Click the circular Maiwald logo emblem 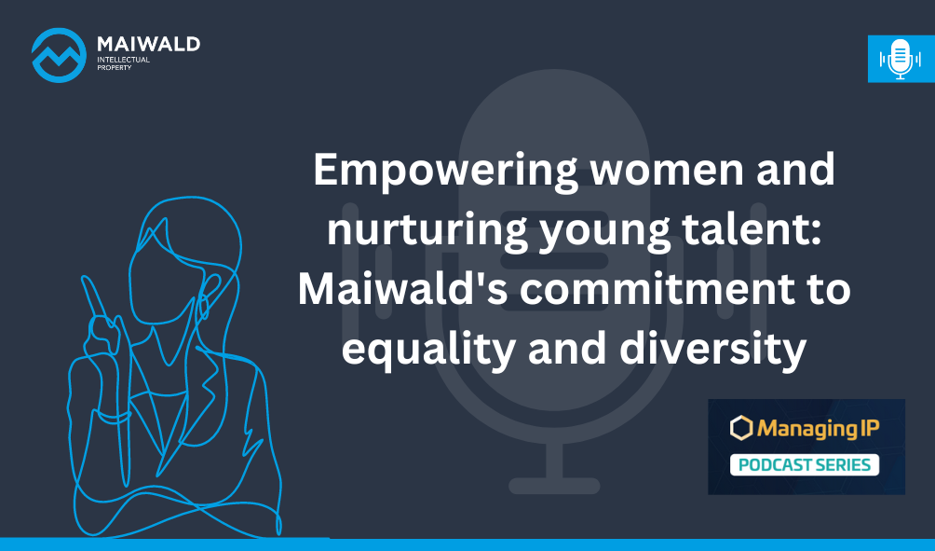click(x=59, y=55)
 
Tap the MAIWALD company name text click(x=148, y=44)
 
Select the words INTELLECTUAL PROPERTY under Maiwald click(x=124, y=63)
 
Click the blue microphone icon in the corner click(x=901, y=59)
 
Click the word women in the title click(x=667, y=170)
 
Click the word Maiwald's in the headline click(x=402, y=289)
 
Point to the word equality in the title click(x=428, y=351)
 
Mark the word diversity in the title click(x=713, y=351)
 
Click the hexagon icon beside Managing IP click(x=742, y=428)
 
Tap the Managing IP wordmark click(x=818, y=429)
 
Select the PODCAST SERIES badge click(x=805, y=464)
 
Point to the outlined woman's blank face click(x=162, y=281)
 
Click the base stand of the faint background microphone click(x=554, y=486)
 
